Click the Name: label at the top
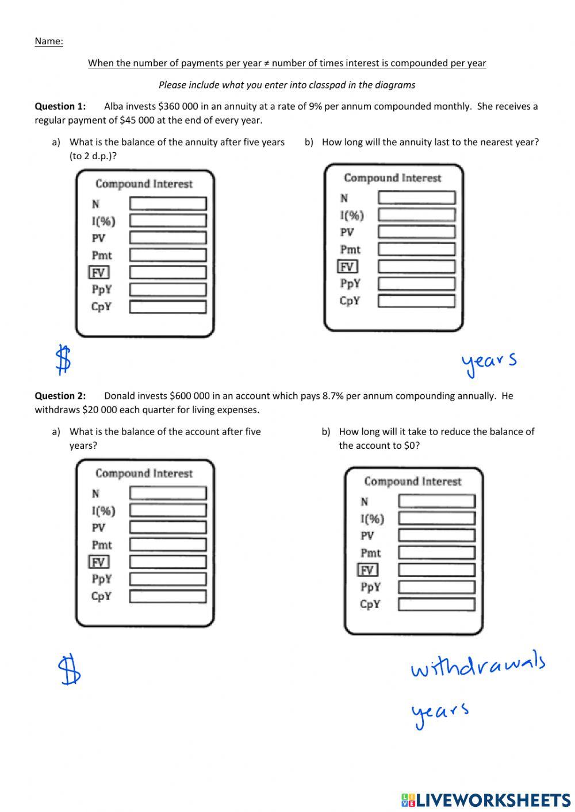pyautogui.click(x=49, y=41)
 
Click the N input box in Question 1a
pyautogui.click(x=167, y=203)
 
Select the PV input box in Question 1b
pyautogui.click(x=416, y=232)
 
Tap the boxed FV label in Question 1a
pyautogui.click(x=99, y=272)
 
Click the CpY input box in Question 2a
pyautogui.click(x=167, y=597)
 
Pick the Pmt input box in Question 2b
pyautogui.click(x=436, y=553)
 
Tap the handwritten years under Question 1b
pyautogui.click(x=488, y=363)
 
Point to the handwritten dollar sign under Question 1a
pyautogui.click(x=63, y=360)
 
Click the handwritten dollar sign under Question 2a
pyautogui.click(x=70, y=669)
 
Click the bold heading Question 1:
pyautogui.click(x=60, y=106)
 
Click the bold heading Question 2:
pyautogui.click(x=60, y=396)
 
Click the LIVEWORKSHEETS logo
pyautogui.click(x=486, y=799)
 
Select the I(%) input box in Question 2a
pyautogui.click(x=167, y=510)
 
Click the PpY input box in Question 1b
pyautogui.click(x=416, y=284)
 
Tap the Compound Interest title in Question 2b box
pyautogui.click(x=412, y=482)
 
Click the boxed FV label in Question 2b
pyautogui.click(x=367, y=570)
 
